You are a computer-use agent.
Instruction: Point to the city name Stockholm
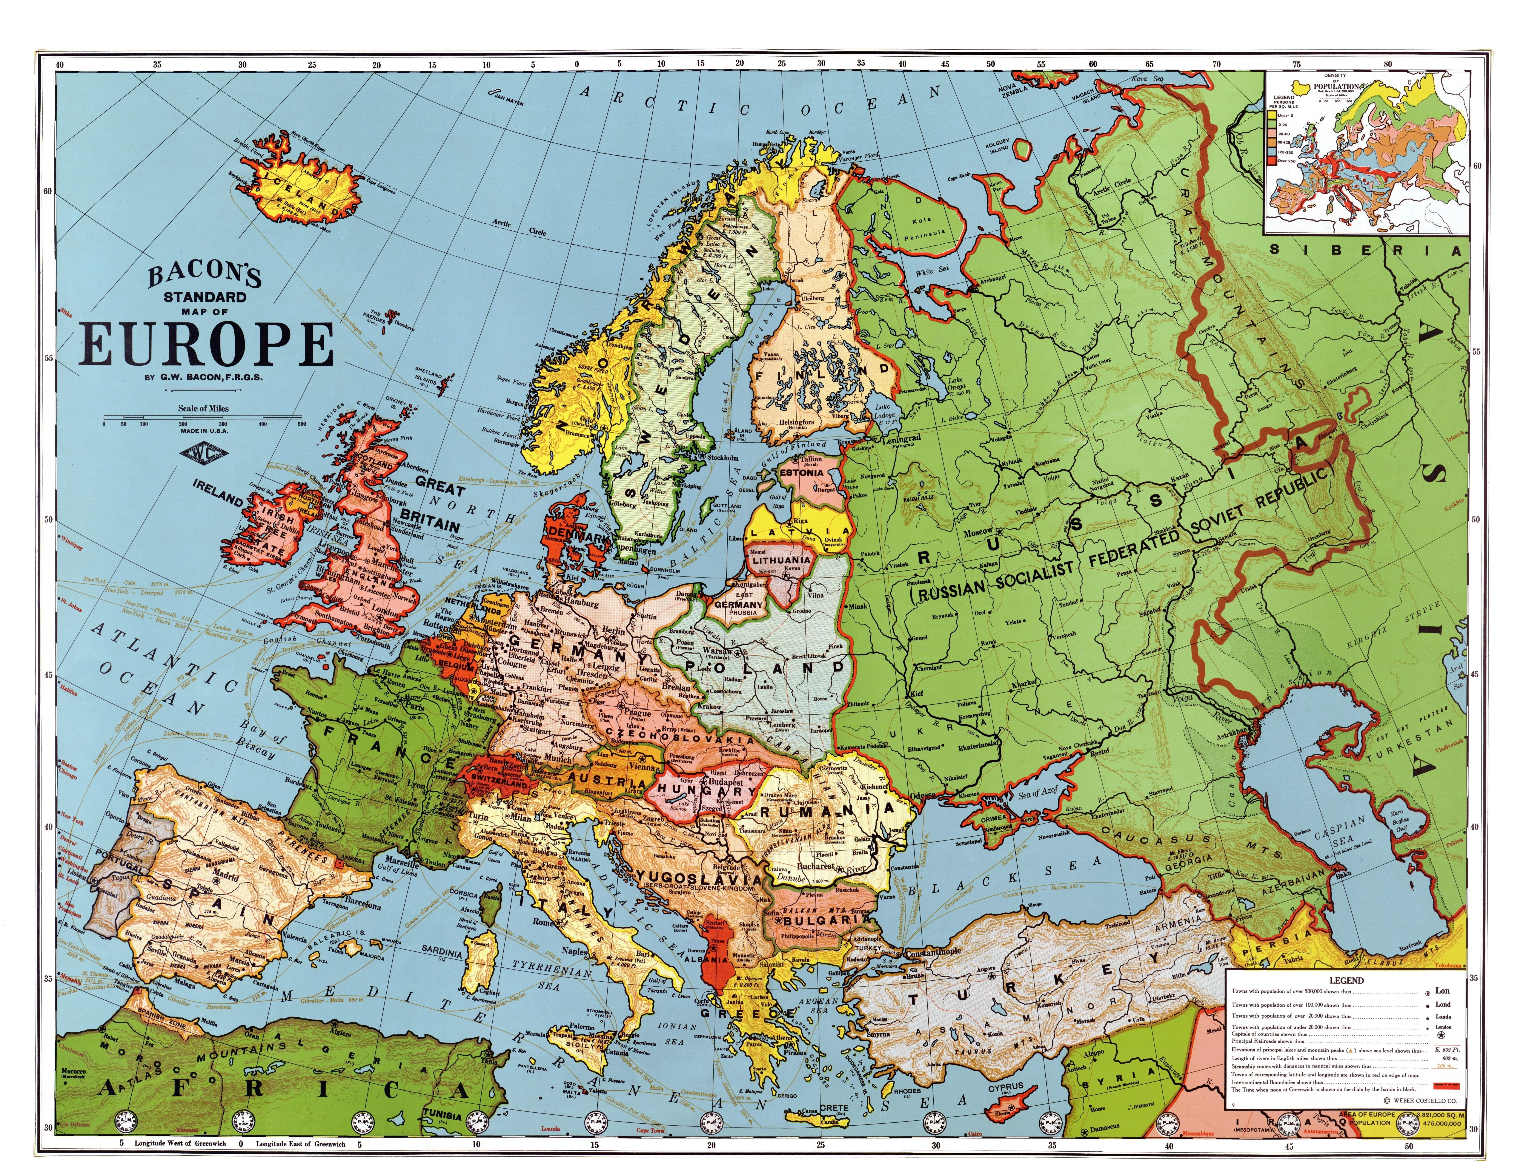(x=722, y=458)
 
